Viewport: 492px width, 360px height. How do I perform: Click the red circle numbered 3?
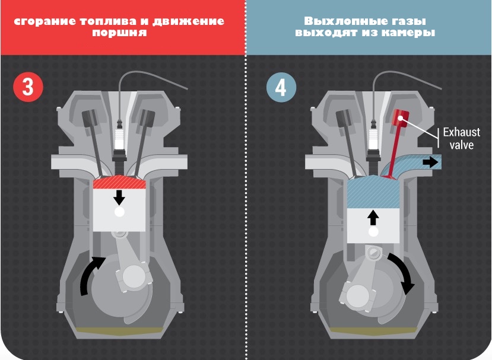pyautogui.click(x=28, y=87)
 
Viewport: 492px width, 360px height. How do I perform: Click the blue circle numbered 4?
pyautogui.click(x=281, y=88)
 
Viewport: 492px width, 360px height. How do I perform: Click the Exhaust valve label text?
pyautogui.click(x=461, y=138)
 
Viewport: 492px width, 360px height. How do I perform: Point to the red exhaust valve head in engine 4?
pyautogui.click(x=401, y=118)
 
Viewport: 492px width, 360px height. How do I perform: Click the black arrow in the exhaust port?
pyautogui.click(x=430, y=162)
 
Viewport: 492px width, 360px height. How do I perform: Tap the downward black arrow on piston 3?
pyautogui.click(x=119, y=197)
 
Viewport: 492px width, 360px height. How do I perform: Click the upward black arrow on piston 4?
pyautogui.click(x=373, y=217)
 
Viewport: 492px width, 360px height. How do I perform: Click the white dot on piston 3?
pyautogui.click(x=119, y=212)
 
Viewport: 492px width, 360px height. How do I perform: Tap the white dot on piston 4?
pyautogui.click(x=373, y=232)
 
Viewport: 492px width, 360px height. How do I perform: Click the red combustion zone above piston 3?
pyautogui.click(x=119, y=182)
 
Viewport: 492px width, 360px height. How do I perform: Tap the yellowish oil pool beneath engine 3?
pyautogui.click(x=120, y=330)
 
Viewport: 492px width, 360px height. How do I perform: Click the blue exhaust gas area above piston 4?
pyautogui.click(x=373, y=192)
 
